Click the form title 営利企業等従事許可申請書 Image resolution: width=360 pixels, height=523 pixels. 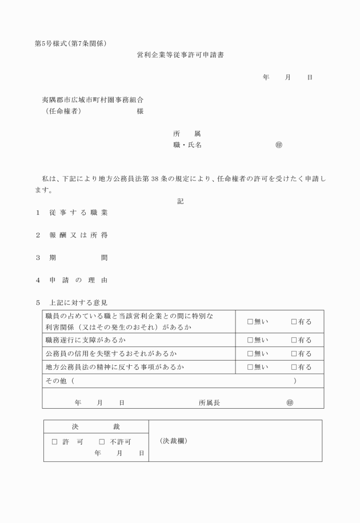click(179, 55)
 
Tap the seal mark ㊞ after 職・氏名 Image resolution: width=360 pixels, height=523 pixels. click(278, 145)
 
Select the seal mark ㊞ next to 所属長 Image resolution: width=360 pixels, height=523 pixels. click(290, 402)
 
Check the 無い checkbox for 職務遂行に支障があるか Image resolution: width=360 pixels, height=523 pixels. click(250, 340)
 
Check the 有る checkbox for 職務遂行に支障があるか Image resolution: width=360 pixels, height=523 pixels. click(294, 340)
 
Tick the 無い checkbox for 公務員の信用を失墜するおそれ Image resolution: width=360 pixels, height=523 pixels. click(250, 354)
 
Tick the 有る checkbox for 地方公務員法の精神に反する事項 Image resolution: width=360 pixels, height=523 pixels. click(294, 367)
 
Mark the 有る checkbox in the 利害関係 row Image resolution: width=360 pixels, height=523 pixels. click(294, 322)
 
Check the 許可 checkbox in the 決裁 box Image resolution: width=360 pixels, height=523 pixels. click(55, 442)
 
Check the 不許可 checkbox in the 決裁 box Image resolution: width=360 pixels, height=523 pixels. click(102, 442)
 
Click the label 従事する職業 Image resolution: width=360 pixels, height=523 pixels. click(78, 213)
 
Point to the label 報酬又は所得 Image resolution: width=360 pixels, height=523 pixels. click(78, 235)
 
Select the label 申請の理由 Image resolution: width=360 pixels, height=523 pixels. click(78, 280)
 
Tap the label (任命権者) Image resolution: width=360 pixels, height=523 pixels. click(63, 111)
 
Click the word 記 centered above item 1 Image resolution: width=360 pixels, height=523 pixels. click(181, 201)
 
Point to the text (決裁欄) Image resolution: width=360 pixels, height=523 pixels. click(173, 441)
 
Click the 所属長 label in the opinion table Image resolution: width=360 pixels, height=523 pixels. click(209, 402)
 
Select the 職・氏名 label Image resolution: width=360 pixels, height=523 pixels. click(187, 145)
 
